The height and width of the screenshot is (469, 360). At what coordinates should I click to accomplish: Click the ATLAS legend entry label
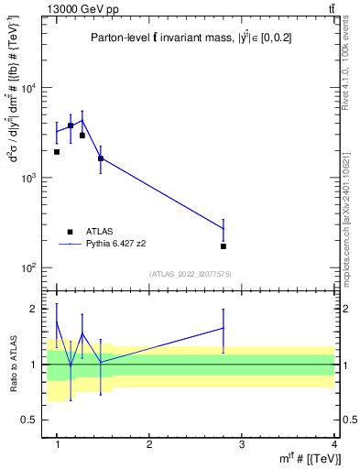[x=98, y=232]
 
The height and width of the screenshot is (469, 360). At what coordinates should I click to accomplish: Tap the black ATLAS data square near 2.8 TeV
[x=224, y=246]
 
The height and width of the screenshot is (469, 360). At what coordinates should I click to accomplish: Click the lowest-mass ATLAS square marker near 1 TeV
[x=57, y=152]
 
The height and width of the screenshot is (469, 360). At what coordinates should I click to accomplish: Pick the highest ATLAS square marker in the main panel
[x=71, y=125]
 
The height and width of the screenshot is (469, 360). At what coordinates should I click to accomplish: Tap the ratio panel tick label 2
[x=34, y=310]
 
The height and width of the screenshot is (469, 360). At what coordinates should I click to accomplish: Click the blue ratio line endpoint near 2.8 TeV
[x=224, y=327]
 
